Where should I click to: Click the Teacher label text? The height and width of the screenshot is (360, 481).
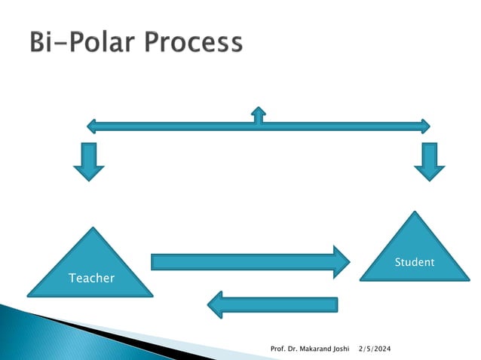91,279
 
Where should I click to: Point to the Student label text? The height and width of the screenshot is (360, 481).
415,262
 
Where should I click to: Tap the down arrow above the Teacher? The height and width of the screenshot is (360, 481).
89,161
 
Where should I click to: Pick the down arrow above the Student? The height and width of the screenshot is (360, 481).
430,161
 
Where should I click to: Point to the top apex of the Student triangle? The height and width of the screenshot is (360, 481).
414,212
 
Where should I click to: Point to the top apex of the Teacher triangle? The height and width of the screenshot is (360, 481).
91,228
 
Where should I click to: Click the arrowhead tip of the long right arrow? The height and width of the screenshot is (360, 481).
349,262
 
